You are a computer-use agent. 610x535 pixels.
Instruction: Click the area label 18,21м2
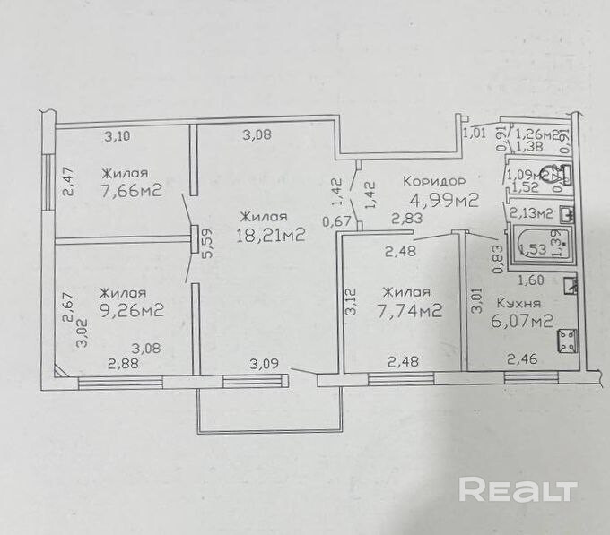[x=270, y=236]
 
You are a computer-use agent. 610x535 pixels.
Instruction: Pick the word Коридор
[x=434, y=178]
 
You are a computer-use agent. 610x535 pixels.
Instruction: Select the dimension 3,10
[x=118, y=137]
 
